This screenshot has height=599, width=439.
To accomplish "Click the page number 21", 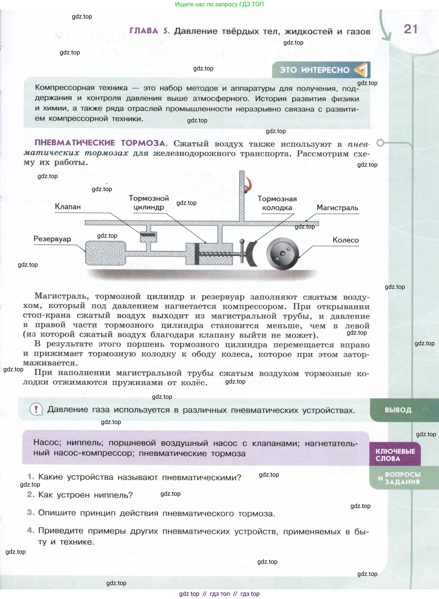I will [x=410, y=29].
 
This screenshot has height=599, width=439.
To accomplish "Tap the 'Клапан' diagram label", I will [x=68, y=207].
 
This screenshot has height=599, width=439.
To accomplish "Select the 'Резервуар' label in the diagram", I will [x=52, y=239].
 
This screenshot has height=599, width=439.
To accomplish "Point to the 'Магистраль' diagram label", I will [x=337, y=208].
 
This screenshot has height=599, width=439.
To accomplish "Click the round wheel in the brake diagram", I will [x=283, y=253].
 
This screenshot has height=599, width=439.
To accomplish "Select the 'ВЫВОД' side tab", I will [x=398, y=410].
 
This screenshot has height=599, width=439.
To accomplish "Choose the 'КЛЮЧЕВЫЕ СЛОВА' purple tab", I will [x=395, y=455].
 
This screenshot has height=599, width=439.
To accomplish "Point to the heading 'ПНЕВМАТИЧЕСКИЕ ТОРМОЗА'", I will [x=101, y=143].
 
